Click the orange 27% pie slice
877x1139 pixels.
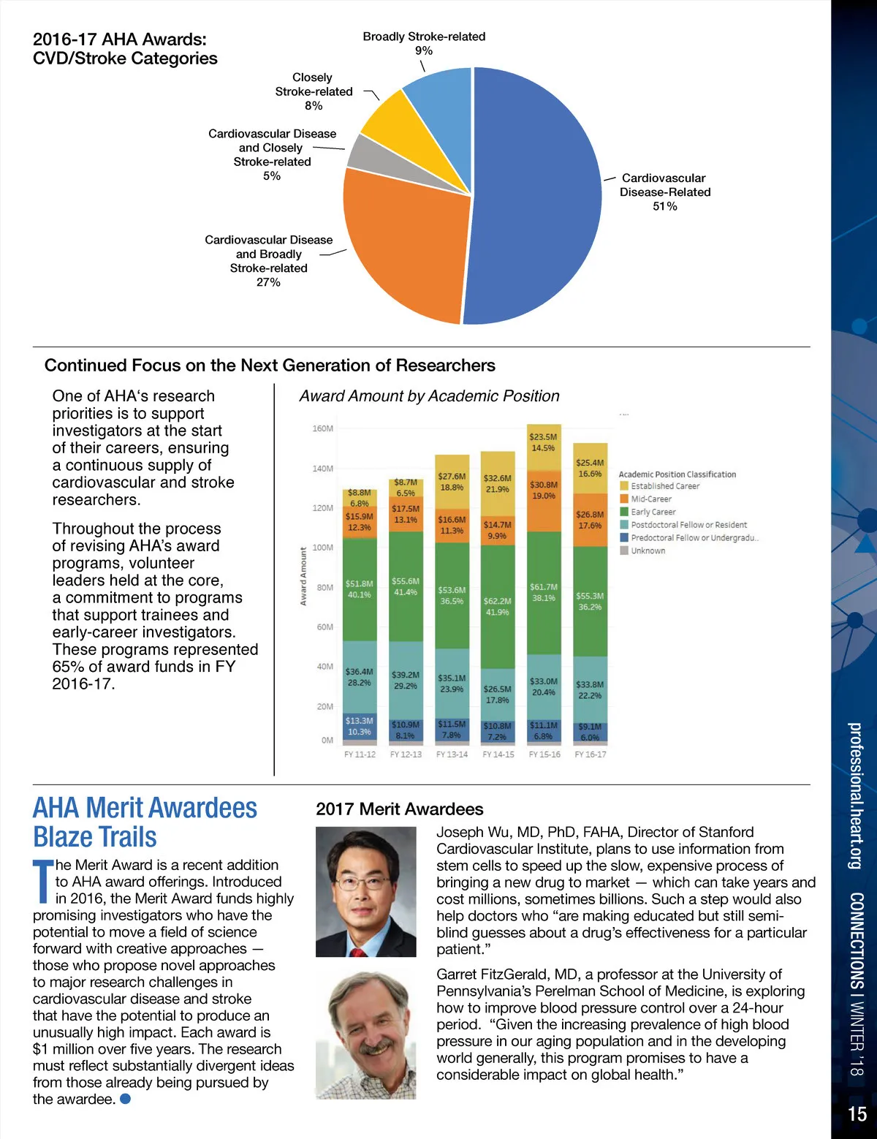(x=402, y=241)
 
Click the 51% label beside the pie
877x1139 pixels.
(x=665, y=206)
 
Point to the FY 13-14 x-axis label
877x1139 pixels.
(x=452, y=754)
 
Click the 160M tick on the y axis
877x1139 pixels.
(x=322, y=428)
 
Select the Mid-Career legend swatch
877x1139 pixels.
(x=624, y=499)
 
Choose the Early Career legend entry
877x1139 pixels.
(x=653, y=512)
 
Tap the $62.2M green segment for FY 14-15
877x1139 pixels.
(x=497, y=607)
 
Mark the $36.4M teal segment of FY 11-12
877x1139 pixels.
(x=360, y=677)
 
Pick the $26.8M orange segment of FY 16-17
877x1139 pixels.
(x=590, y=519)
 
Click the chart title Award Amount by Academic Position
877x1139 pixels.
(x=429, y=396)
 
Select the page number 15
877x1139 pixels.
(x=857, y=1113)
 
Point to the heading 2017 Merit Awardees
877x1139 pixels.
(x=399, y=809)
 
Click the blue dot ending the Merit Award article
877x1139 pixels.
(x=125, y=1099)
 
